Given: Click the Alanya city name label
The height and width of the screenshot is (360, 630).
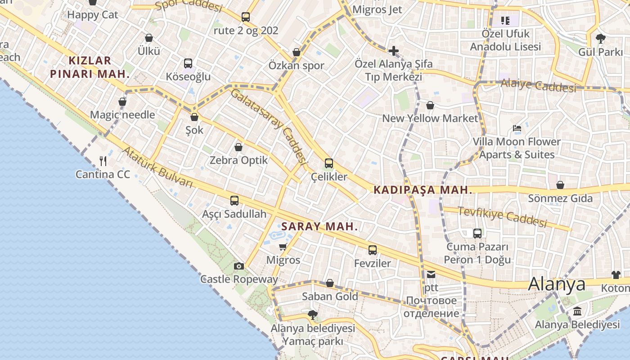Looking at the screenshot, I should [x=557, y=284].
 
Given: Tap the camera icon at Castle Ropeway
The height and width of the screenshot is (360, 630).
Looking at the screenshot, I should [x=239, y=266].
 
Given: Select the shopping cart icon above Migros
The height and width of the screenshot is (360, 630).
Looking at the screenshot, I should [x=283, y=247].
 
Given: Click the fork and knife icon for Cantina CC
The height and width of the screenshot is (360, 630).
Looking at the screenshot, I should [x=103, y=161].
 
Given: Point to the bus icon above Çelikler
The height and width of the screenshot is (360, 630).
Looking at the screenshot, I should [x=329, y=163].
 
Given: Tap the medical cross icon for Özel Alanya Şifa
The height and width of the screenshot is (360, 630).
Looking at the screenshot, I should [x=394, y=50].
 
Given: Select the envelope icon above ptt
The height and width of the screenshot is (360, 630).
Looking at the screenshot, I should [x=431, y=274].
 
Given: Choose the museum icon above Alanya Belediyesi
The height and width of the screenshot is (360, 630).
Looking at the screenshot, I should [x=577, y=311].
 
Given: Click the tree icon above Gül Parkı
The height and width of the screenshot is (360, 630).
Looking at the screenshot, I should [x=600, y=38].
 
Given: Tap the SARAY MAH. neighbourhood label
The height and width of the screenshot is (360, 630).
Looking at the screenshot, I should [x=319, y=226].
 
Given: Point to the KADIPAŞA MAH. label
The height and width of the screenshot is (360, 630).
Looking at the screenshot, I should [x=423, y=190].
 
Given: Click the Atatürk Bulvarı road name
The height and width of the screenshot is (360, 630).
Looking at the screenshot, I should [x=157, y=167].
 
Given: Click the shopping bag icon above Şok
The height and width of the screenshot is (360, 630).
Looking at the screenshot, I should [x=194, y=117].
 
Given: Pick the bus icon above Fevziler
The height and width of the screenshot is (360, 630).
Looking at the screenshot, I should [x=373, y=250].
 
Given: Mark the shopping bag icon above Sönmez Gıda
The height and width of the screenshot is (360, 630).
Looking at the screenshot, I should [x=560, y=185].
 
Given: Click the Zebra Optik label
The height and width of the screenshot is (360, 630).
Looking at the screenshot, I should [x=238, y=160].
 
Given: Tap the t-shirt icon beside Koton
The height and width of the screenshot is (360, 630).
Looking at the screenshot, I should [x=616, y=275].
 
